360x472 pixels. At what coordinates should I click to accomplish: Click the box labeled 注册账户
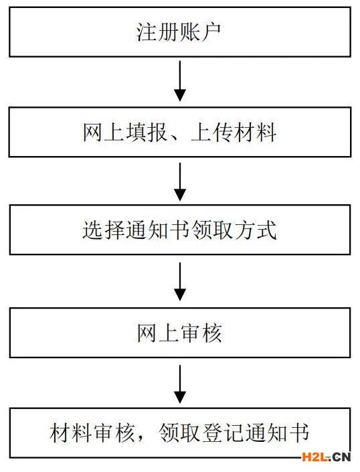[180, 32]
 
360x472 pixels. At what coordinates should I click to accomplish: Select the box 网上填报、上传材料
[180, 132]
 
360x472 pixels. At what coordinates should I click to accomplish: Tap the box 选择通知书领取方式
[180, 230]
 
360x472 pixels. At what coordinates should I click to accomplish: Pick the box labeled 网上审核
[180, 333]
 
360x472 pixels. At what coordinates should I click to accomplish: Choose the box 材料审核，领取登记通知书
[180, 433]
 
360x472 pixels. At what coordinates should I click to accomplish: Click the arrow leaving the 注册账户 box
[180, 81]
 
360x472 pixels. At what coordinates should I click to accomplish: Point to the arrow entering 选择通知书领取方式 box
[180, 181]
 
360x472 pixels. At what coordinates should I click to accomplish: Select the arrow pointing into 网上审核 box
[180, 281]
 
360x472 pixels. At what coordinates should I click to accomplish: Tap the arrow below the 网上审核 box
[180, 384]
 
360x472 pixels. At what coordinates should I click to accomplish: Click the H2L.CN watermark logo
[327, 457]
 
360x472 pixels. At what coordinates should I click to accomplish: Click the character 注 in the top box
[147, 32]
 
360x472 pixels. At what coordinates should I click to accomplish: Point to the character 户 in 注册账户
[211, 32]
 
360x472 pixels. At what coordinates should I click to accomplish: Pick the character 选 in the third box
[93, 230]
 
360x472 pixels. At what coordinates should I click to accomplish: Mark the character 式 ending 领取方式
[266, 230]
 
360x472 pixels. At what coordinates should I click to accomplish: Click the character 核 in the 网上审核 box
[212, 333]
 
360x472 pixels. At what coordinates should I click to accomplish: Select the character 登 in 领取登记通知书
[212, 433]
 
